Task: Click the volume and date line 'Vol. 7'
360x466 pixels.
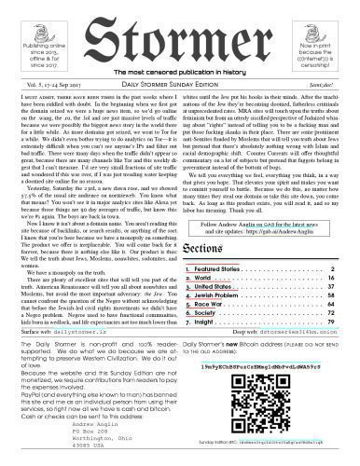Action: pos(47,85)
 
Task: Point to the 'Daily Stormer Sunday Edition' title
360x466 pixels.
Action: pos(180,85)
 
